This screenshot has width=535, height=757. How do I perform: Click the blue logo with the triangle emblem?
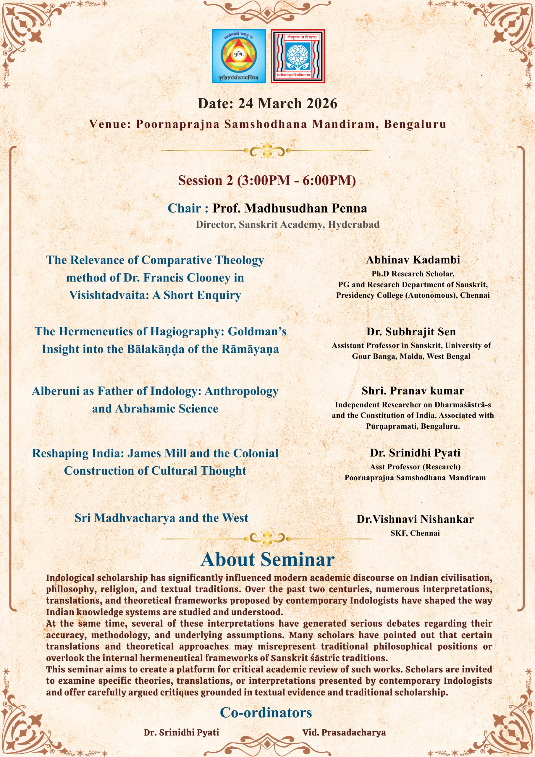point(239,56)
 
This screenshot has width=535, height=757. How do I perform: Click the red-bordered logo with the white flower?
point(298,56)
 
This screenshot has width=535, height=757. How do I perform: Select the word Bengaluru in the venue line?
point(415,124)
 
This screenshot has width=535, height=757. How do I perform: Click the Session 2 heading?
point(267,181)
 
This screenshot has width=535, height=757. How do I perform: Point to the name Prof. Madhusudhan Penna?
point(290,208)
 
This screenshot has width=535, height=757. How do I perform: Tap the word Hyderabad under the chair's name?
point(354,224)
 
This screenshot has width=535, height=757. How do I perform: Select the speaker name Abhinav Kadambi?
point(413,260)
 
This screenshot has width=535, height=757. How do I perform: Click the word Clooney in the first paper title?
point(209,278)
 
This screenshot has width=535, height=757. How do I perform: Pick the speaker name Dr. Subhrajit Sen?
point(411,332)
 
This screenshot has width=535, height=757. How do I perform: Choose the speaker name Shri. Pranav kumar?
point(413,391)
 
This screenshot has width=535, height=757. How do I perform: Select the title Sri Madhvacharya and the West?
point(161,518)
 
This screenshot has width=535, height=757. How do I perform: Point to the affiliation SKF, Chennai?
point(415,533)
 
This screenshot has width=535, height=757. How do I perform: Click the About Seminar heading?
point(267,559)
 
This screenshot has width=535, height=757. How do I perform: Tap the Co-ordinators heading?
point(266,712)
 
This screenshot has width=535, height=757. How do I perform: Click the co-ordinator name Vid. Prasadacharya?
point(344,732)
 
